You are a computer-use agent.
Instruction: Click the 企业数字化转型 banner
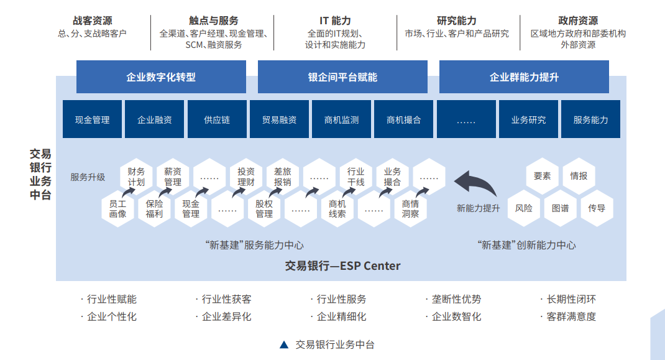[161, 77]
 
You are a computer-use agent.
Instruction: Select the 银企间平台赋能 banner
[342, 77]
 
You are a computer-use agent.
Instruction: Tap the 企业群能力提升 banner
[524, 77]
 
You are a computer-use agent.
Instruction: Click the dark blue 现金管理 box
[92, 119]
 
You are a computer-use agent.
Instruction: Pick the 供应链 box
[217, 119]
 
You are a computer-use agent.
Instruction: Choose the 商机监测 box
[341, 119]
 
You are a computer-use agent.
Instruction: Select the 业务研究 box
[528, 119]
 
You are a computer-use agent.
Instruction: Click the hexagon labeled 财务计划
[136, 177]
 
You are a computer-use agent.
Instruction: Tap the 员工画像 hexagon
[117, 209]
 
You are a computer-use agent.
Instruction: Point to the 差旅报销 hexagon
[282, 177]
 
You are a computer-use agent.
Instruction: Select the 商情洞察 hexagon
[410, 209]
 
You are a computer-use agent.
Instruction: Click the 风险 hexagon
[524, 208]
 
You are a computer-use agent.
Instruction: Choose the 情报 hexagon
[579, 176]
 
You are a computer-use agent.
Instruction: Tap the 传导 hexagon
[597, 208]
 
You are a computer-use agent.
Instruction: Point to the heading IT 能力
[335, 21]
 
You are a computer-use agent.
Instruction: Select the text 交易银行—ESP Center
[342, 266]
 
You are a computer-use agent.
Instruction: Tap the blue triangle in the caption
[284, 344]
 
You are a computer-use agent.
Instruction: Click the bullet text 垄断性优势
[456, 300]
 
